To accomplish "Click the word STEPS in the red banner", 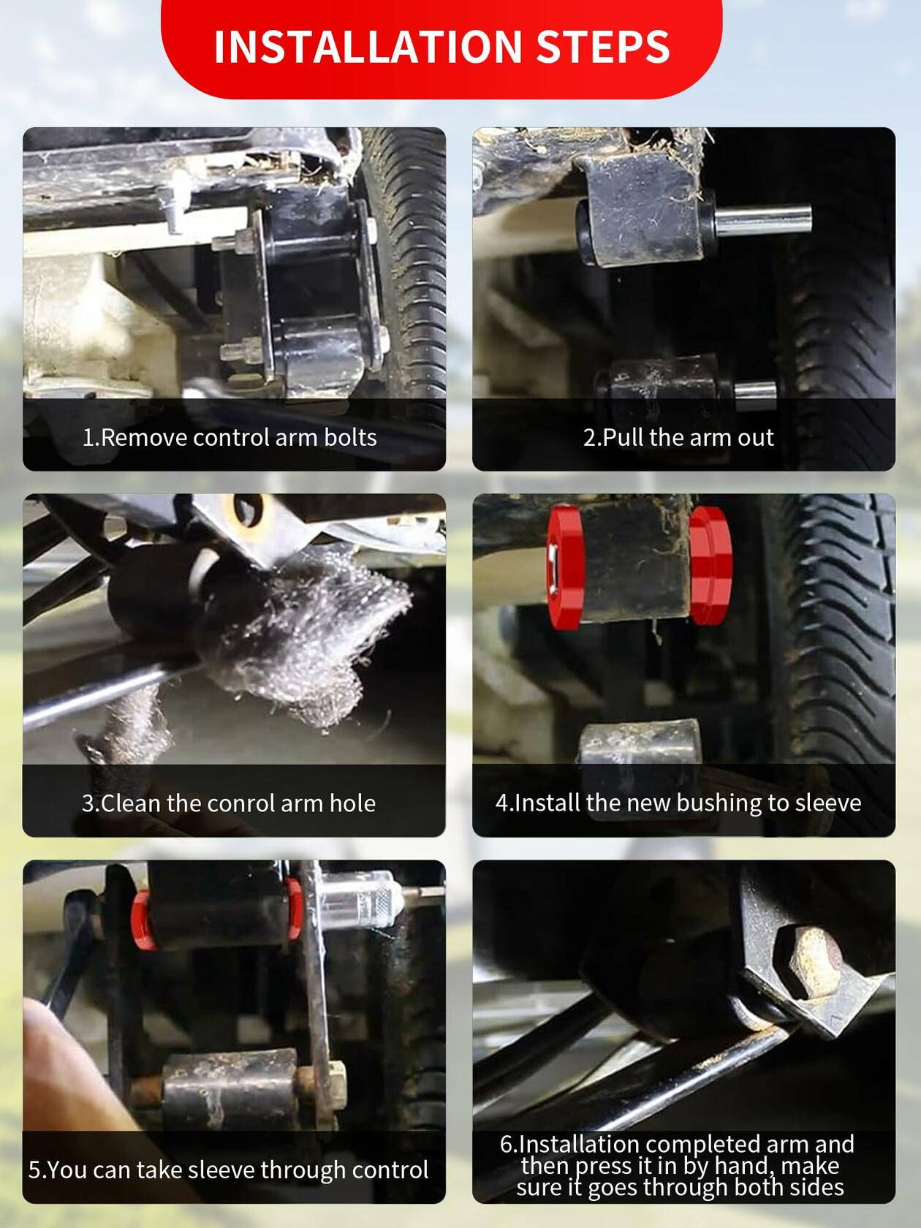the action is pyautogui.click(x=603, y=47).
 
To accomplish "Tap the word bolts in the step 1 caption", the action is pyautogui.click(x=351, y=438).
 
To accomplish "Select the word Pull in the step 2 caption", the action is pyautogui.click(x=623, y=438).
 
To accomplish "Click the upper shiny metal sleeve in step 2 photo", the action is pyautogui.click(x=763, y=220).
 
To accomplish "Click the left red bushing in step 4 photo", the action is pyautogui.click(x=565, y=567).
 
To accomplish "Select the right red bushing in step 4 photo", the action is pyautogui.click(x=710, y=565).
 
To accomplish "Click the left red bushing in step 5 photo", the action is pyautogui.click(x=143, y=920).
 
